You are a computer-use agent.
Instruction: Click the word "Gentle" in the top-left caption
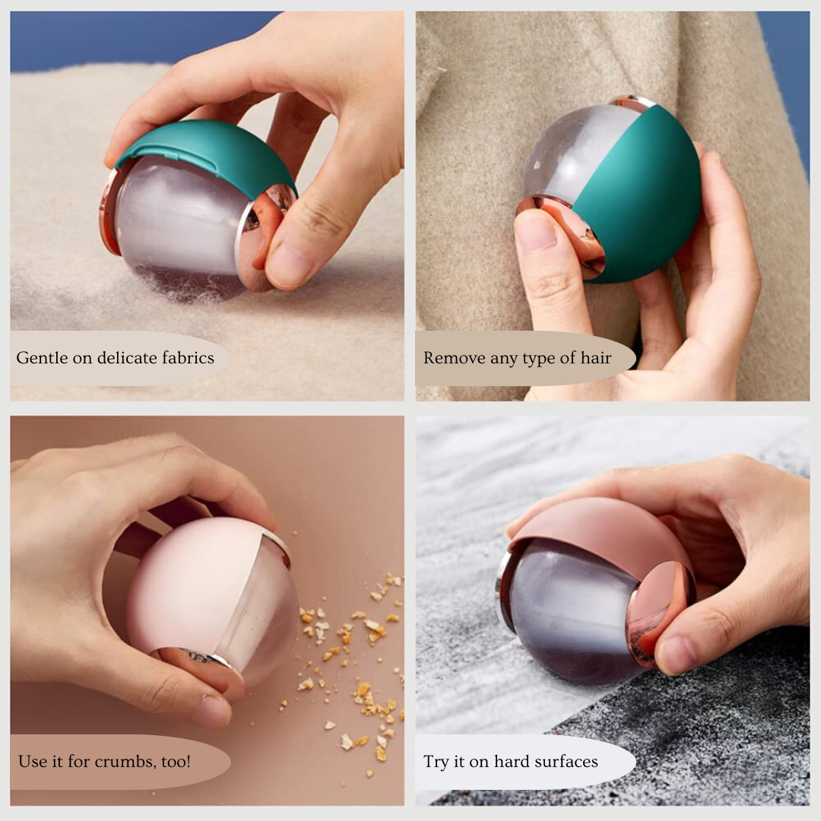click(x=42, y=357)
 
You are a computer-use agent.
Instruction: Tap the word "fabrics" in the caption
click(x=188, y=357)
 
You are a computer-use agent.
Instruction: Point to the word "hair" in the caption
click(x=596, y=357)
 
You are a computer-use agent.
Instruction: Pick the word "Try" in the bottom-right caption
click(x=435, y=762)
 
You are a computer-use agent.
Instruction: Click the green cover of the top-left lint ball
click(x=210, y=152)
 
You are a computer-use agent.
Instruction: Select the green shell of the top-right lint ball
click(x=644, y=199)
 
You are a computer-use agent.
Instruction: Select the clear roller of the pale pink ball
click(x=262, y=618)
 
